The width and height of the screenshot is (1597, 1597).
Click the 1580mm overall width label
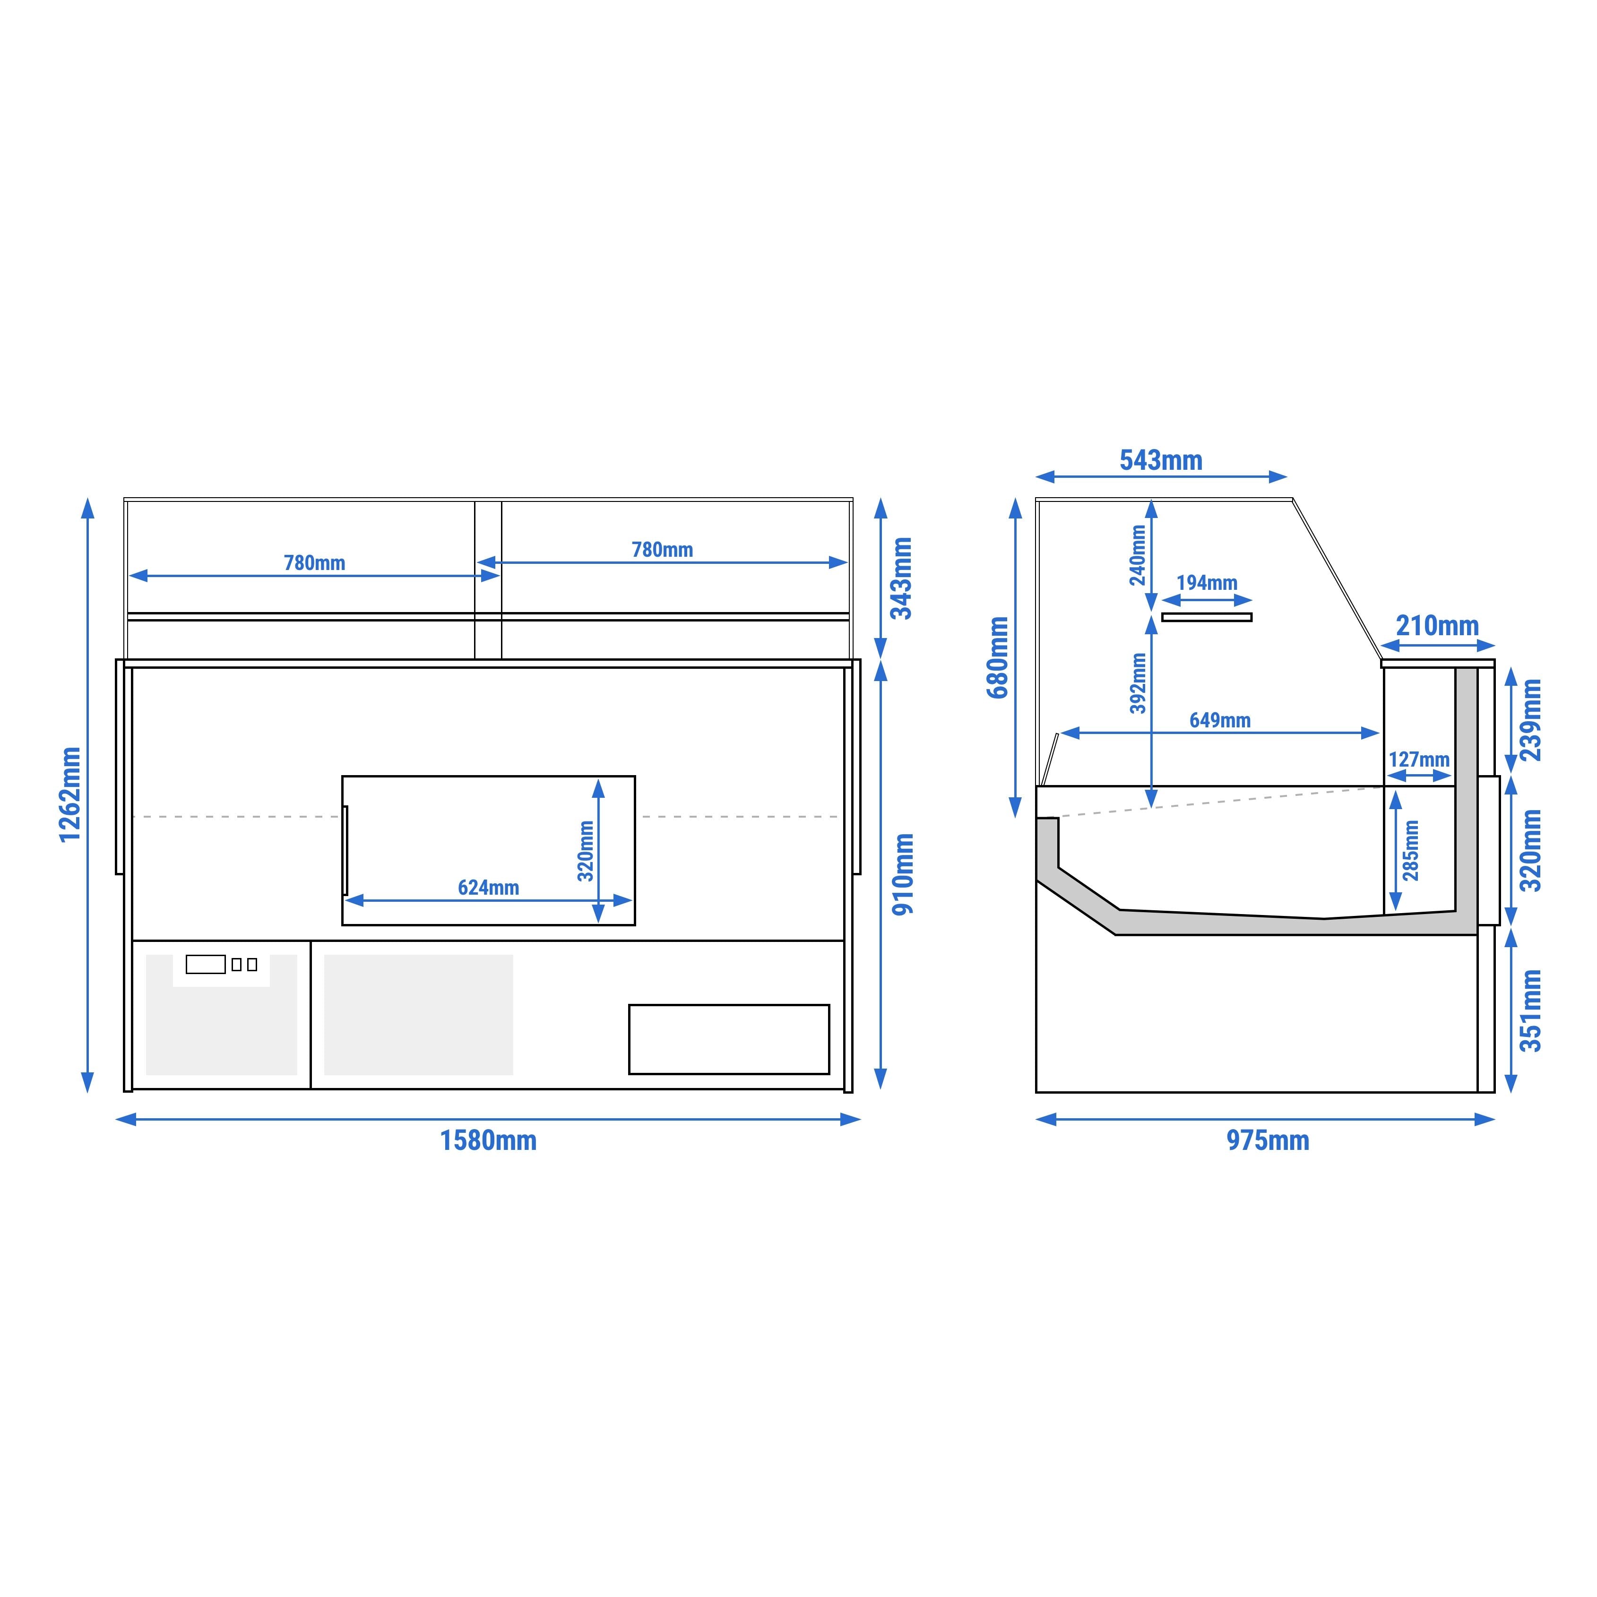(x=488, y=1141)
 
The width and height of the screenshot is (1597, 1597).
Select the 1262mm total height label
(x=70, y=794)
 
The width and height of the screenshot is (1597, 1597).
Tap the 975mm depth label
(x=1267, y=1141)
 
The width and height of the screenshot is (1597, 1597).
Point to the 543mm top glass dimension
(x=1161, y=460)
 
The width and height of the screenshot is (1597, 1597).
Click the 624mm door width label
(x=489, y=888)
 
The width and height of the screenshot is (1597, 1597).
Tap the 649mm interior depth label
(x=1220, y=720)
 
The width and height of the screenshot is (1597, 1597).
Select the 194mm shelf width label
(x=1207, y=583)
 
